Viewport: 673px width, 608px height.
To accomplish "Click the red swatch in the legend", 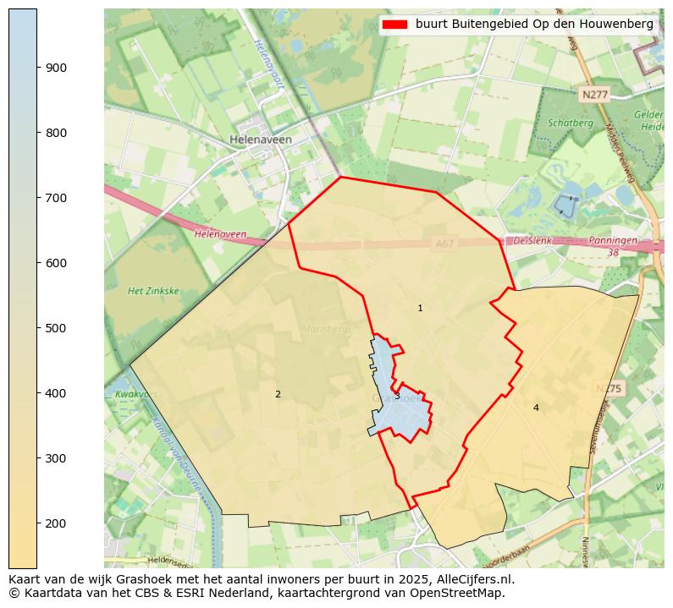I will coord(394,25).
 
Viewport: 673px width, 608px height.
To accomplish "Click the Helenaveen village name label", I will coord(261,140).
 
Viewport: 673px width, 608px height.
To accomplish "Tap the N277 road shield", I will coord(594,95).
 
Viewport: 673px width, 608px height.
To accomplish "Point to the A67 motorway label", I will coord(444,244).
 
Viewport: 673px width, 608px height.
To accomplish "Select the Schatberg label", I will coord(570,123).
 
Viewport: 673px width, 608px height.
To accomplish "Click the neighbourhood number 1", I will coord(420,309).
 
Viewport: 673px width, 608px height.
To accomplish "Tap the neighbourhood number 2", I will coord(278,394).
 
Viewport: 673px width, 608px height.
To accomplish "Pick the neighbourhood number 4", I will coord(536,408).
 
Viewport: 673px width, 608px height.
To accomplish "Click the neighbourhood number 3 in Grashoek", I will coord(397,396).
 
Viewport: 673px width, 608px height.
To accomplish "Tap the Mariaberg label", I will coord(325,328).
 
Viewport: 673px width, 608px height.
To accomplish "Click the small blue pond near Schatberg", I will coord(564,204).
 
